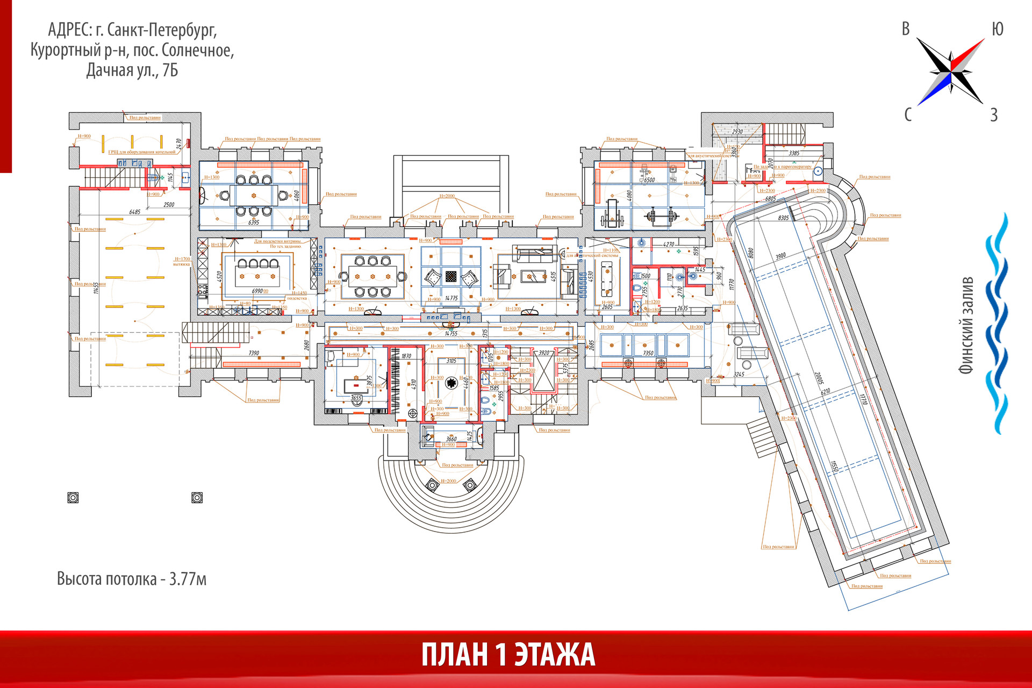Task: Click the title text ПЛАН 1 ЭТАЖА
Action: pyautogui.click(x=508, y=655)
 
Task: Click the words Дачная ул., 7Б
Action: pyautogui.click(x=132, y=70)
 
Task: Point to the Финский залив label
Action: pyautogui.click(x=966, y=325)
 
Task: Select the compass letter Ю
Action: pyautogui.click(x=997, y=29)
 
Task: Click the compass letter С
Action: pyautogui.click(x=908, y=114)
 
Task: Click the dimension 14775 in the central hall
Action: pyautogui.click(x=451, y=298)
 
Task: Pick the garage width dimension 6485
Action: pyautogui.click(x=135, y=212)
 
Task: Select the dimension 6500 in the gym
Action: pyautogui.click(x=649, y=180)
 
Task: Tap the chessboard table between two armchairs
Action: pyautogui.click(x=451, y=276)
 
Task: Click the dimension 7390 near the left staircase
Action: pyautogui.click(x=254, y=353)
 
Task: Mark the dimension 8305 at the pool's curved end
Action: pyautogui.click(x=783, y=218)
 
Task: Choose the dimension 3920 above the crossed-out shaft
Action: pyautogui.click(x=544, y=353)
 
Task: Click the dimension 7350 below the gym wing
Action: pyautogui.click(x=648, y=353)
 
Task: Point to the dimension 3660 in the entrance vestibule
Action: pyautogui.click(x=451, y=439)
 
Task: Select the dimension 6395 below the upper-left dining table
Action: pyautogui.click(x=253, y=222)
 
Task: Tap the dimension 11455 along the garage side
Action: pyautogui.click(x=96, y=288)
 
